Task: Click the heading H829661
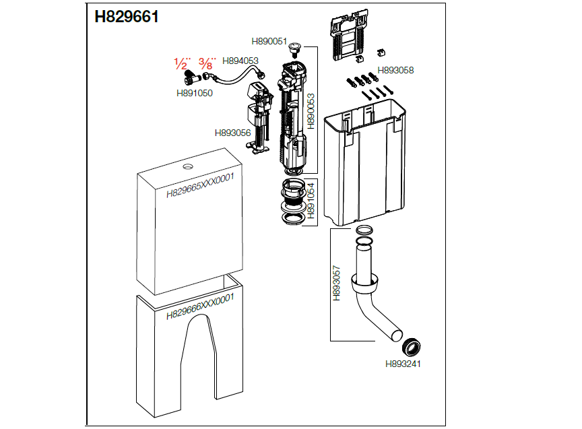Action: tap(126, 17)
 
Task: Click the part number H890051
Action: tap(269, 41)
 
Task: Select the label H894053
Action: tap(240, 61)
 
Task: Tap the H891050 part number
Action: tap(195, 94)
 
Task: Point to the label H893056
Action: tap(233, 133)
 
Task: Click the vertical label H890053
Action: tap(311, 111)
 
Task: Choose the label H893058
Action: tap(395, 70)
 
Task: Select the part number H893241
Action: tap(403, 364)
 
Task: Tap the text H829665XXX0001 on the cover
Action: tap(199, 185)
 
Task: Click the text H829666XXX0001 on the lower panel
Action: tap(199, 306)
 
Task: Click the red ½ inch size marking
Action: tap(181, 64)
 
